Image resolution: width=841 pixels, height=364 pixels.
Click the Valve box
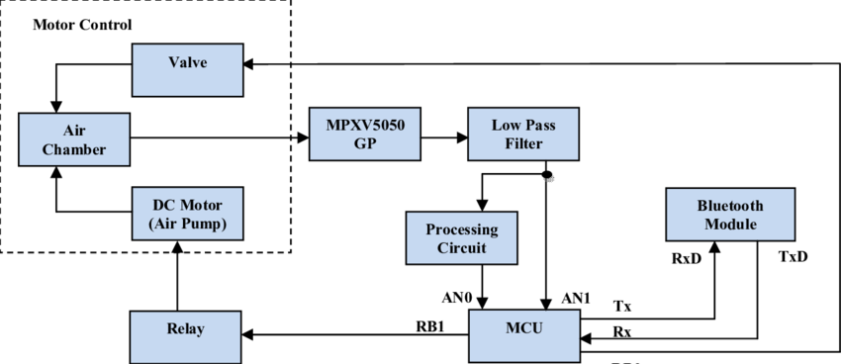click(x=187, y=69)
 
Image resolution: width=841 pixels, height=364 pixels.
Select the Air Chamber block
click(x=74, y=138)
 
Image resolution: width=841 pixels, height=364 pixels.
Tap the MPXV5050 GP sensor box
click(x=364, y=134)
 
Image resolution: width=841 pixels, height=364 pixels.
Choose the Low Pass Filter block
click(x=523, y=134)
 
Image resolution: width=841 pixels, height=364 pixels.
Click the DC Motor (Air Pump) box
click(x=187, y=214)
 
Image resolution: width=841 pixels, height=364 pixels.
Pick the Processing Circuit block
click(x=461, y=237)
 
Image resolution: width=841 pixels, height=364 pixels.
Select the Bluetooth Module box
click(x=730, y=214)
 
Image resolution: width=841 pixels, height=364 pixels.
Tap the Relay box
click(x=186, y=336)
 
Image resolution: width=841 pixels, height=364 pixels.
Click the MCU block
click(x=523, y=335)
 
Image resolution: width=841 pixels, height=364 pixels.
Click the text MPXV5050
click(x=365, y=125)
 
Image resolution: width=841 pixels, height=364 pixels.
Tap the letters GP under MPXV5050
click(x=365, y=143)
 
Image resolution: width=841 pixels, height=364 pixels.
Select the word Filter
click(x=522, y=143)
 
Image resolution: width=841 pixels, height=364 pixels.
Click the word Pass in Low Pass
click(x=536, y=125)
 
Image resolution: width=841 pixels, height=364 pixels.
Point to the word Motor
click(x=202, y=205)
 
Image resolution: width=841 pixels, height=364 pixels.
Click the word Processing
click(x=462, y=228)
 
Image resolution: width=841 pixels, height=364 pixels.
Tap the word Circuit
click(x=462, y=247)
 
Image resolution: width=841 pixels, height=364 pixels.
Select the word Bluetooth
click(x=730, y=206)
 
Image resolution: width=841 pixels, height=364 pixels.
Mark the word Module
click(x=730, y=225)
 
